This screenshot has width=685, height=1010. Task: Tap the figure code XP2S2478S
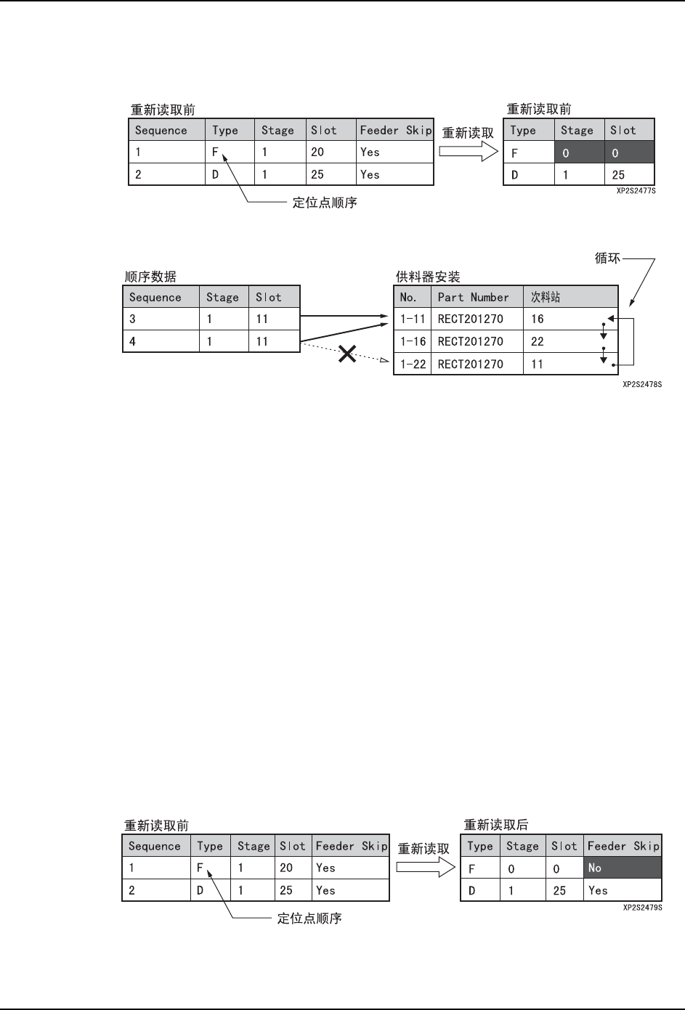[642, 384]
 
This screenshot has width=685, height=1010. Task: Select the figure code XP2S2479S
[642, 908]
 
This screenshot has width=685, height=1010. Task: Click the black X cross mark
[348, 354]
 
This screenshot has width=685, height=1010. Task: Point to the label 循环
[607, 258]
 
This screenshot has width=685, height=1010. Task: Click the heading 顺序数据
[150, 277]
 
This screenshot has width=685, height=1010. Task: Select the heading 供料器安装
[427, 277]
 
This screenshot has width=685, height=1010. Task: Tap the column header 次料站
[546, 297]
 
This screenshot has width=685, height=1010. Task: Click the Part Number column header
[473, 297]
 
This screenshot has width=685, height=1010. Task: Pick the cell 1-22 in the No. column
[413, 364]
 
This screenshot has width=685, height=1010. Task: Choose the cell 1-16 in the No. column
[413, 341]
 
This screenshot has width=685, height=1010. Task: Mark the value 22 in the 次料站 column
[538, 341]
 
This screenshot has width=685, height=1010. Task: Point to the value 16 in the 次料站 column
[538, 319]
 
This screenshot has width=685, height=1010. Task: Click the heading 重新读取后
[496, 825]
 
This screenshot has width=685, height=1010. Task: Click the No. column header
[408, 297]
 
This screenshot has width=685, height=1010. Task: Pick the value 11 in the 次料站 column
[537, 364]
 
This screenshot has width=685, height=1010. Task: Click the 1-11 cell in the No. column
[413, 319]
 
